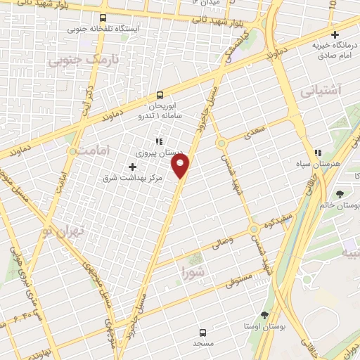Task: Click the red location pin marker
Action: coord(181,166)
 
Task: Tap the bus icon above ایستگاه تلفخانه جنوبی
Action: coord(103,18)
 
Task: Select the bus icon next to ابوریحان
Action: coord(160,96)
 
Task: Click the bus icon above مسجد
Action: coord(202,332)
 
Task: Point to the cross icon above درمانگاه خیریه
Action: coord(335,34)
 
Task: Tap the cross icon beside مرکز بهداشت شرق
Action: coord(132,167)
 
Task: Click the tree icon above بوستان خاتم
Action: coord(340,193)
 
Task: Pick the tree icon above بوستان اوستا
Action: coord(264,315)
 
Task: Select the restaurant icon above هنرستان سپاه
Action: coord(318,151)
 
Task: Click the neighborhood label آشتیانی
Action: coord(320,91)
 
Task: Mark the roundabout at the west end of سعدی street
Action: coord(221,143)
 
